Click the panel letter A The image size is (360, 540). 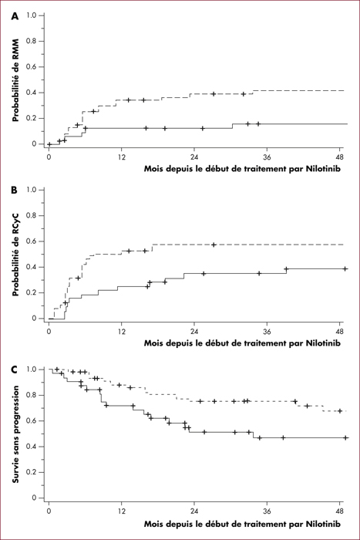[x=15, y=16]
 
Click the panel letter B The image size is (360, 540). [x=14, y=190]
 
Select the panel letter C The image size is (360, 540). [x=14, y=370]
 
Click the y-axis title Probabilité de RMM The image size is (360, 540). [x=15, y=80]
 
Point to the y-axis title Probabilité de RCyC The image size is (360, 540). [x=15, y=254]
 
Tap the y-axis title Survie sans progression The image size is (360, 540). [x=15, y=434]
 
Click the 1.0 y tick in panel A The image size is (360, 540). [x=32, y=15]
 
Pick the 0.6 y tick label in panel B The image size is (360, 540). [x=32, y=241]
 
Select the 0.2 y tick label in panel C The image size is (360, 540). [x=32, y=472]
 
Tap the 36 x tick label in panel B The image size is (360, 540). [x=267, y=332]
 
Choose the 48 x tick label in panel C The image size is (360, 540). [x=340, y=511]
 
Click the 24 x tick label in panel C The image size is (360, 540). [x=194, y=511]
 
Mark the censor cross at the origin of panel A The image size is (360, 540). [x=49, y=144]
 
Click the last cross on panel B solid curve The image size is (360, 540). [x=345, y=268]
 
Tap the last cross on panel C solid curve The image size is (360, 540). [x=346, y=437]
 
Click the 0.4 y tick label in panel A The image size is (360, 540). [x=32, y=93]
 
